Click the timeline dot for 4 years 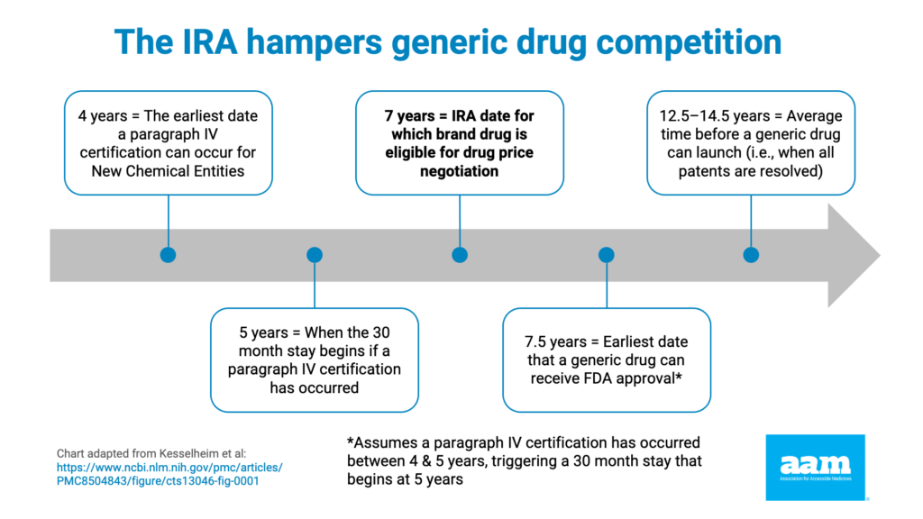[x=168, y=255]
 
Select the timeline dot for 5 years [x=315, y=255]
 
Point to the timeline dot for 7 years [x=460, y=255]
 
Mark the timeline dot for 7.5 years [x=607, y=255]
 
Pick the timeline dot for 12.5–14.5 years [x=751, y=255]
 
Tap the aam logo [x=815, y=467]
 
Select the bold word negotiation [x=460, y=170]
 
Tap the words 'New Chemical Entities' [x=169, y=170]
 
